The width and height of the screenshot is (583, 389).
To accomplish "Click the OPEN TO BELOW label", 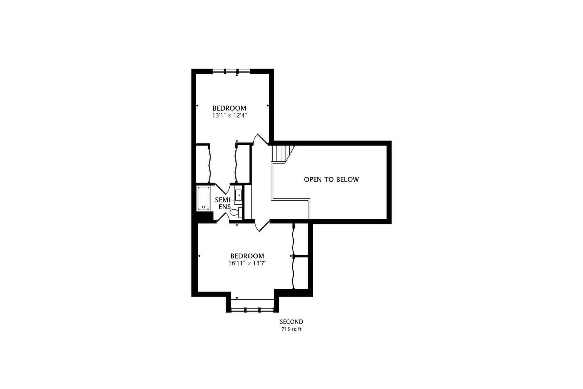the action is point(331,179).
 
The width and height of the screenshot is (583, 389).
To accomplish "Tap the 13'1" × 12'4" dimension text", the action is point(229,115).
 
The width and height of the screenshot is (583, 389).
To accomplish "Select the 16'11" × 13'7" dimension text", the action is point(247,263).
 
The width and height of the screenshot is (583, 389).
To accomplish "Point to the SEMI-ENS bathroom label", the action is point(223,204).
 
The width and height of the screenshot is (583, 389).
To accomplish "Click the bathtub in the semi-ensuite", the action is point(204,198).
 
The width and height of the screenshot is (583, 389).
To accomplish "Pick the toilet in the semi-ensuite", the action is point(236,212).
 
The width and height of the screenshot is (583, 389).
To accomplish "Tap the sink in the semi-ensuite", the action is point(238,195).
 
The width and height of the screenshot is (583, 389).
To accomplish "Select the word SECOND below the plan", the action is point(291,322).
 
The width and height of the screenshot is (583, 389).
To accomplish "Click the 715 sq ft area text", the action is point(291,329).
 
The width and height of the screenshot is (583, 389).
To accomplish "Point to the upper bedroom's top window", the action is point(231,71).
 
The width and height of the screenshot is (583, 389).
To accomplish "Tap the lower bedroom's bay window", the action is point(252,310).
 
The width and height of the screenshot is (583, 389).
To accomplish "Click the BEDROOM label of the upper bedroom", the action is point(229,108).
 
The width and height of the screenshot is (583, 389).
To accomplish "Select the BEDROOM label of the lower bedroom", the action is point(247,256).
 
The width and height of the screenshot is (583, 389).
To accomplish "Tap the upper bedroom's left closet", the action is point(203,164).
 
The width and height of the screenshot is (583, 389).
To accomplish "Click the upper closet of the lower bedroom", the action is point(300,240).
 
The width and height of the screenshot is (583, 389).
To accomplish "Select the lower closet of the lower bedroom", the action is point(300,273).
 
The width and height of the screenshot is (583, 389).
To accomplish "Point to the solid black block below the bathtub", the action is point(205,217).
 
